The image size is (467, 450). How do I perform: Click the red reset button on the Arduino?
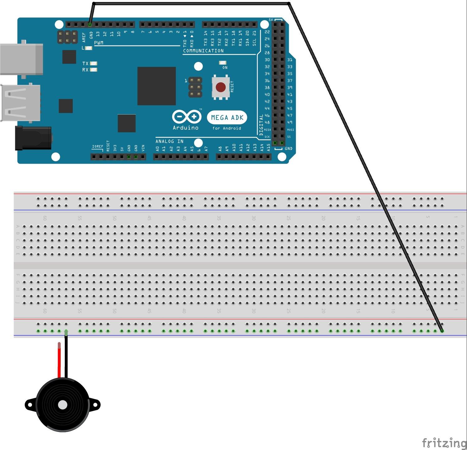coord(221,87)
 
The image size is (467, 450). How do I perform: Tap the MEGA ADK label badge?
coord(227,117)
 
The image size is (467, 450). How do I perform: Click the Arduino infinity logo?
coord(186,117)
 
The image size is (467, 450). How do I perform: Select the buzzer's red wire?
coord(59,360)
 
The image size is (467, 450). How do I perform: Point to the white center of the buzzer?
coord(63,405)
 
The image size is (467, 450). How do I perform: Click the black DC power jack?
coord(33,138)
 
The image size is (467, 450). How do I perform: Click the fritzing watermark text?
coord(444,443)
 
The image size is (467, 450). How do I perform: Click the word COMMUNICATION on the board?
coord(203,51)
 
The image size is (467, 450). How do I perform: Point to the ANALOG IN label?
coord(169,141)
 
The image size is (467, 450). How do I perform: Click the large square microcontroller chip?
coord(156,86)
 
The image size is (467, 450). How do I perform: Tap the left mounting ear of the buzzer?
coord(30,405)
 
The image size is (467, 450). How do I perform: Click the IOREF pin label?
coord(97,146)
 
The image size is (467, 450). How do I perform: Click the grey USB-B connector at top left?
coord(21,59)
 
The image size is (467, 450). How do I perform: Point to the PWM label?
coord(99,43)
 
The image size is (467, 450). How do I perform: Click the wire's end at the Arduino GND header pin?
coord(90,24)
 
